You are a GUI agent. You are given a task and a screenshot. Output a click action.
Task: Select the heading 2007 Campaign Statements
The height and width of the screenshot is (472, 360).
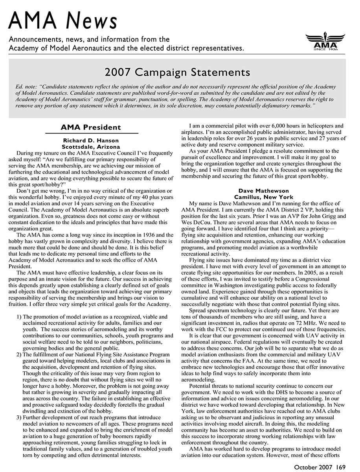[x=177, y=73]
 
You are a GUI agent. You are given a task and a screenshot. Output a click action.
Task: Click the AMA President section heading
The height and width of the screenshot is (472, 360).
[x=91, y=127]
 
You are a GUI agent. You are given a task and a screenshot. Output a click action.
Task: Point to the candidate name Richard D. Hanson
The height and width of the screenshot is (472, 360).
[x=91, y=140]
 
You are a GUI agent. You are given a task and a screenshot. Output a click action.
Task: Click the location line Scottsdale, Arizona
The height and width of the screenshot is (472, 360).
[x=91, y=146]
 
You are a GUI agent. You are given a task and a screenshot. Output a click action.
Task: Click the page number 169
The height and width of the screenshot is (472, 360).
[x=340, y=467]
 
